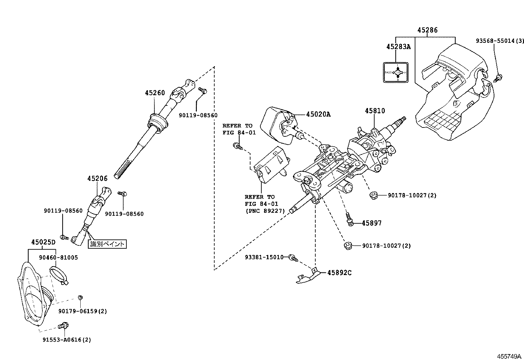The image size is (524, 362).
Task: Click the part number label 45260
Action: click(155, 93)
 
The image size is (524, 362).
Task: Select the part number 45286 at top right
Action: click(427, 30)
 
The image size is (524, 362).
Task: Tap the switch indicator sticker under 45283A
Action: click(395, 72)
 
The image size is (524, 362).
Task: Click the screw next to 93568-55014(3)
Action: click(499, 78)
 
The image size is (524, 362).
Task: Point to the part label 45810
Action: click(375, 111)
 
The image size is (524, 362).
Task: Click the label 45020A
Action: click(318, 114)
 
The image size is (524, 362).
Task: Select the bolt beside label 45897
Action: click(350, 219)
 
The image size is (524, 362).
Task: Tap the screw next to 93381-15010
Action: click(293, 258)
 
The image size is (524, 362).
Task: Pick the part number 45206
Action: click(97, 179)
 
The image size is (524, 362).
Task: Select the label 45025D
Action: click(43, 242)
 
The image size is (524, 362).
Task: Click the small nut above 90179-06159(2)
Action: click(80, 298)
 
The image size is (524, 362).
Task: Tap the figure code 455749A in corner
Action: click(509, 356)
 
